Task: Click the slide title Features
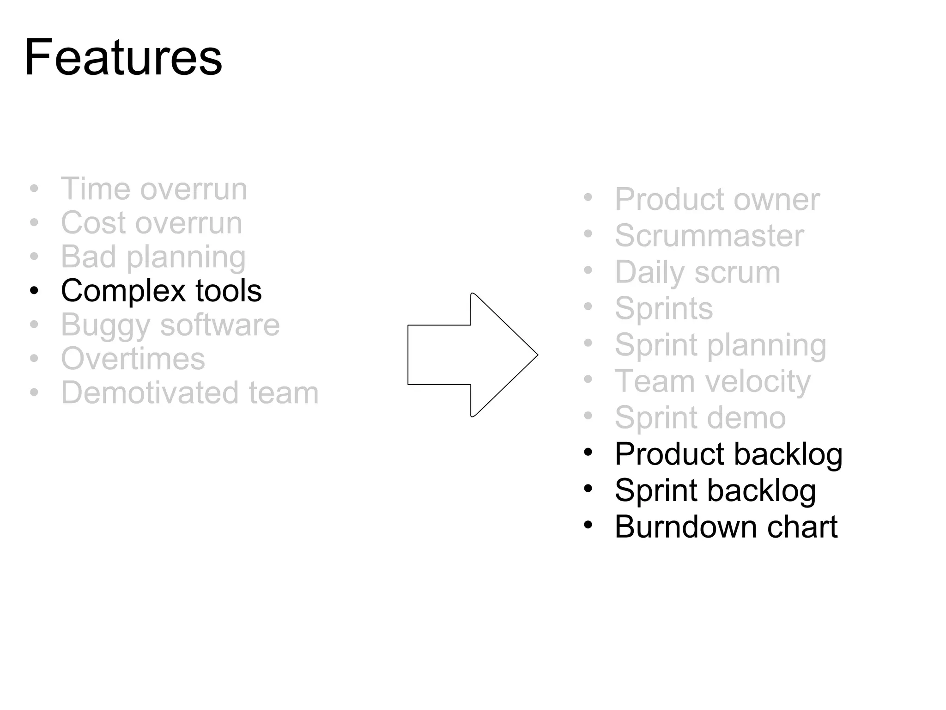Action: coord(123,58)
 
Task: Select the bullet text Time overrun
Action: coord(154,189)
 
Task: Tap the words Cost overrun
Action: coord(152,223)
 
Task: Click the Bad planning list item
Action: coord(153,257)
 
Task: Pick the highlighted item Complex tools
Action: coord(161,291)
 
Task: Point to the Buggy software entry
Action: coord(170,325)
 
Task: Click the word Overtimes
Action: coord(133,359)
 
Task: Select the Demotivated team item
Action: coord(189,393)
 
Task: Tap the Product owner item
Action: coord(717,200)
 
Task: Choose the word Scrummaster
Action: coord(709,236)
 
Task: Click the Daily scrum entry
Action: coord(697,272)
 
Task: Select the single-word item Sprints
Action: coord(664,308)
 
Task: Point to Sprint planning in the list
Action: coord(720,345)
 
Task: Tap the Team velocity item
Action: coord(712,381)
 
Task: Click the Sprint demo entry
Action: coord(700,418)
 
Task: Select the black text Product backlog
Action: coord(728,454)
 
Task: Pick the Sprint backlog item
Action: coord(715,490)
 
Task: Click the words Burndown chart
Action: coord(726,527)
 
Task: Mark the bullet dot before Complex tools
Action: coord(34,291)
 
